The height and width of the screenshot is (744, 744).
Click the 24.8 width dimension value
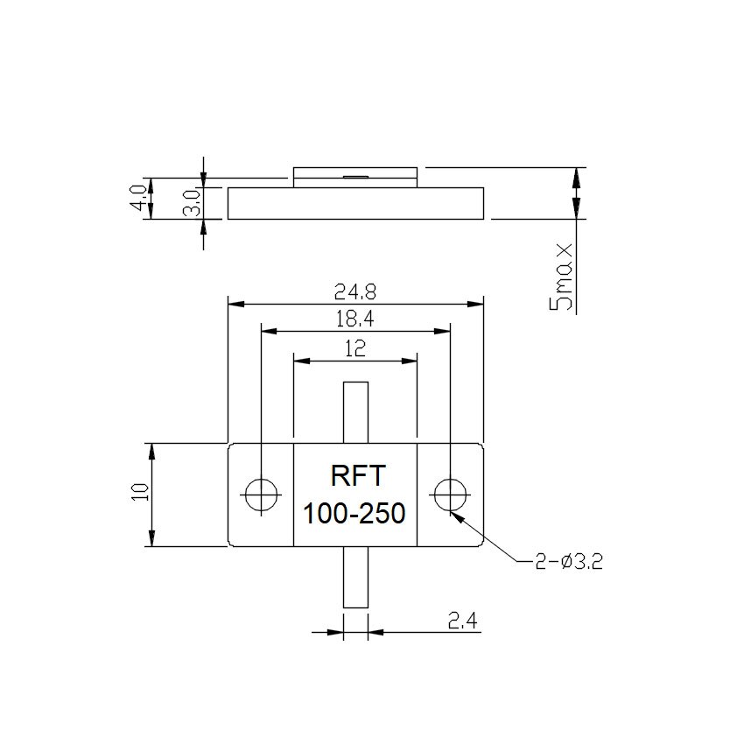355,291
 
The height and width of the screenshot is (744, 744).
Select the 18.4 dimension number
355,319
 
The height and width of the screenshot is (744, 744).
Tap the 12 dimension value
355,348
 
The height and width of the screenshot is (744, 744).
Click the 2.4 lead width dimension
462,621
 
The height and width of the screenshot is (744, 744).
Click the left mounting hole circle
260,495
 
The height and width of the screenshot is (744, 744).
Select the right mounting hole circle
450,495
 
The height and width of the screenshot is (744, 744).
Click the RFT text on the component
355,476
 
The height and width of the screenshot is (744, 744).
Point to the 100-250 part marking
354,514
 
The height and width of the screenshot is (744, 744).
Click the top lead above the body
355,412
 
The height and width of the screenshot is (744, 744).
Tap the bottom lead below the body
355,577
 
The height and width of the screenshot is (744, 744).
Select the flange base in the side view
355,203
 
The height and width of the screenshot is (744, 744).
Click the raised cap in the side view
355,177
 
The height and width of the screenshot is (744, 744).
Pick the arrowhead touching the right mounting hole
458,516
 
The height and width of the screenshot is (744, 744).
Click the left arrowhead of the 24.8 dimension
235,305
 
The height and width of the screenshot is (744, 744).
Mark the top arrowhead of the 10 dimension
152,451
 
